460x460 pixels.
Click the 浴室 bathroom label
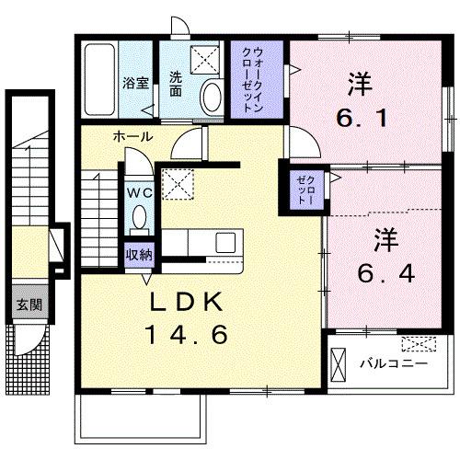[x=135, y=82]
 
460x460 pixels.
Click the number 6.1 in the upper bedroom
[x=356, y=119]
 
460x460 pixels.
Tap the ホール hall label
[x=132, y=136]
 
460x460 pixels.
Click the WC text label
[x=139, y=193]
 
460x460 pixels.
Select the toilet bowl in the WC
[x=139, y=217]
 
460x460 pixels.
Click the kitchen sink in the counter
[x=224, y=243]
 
